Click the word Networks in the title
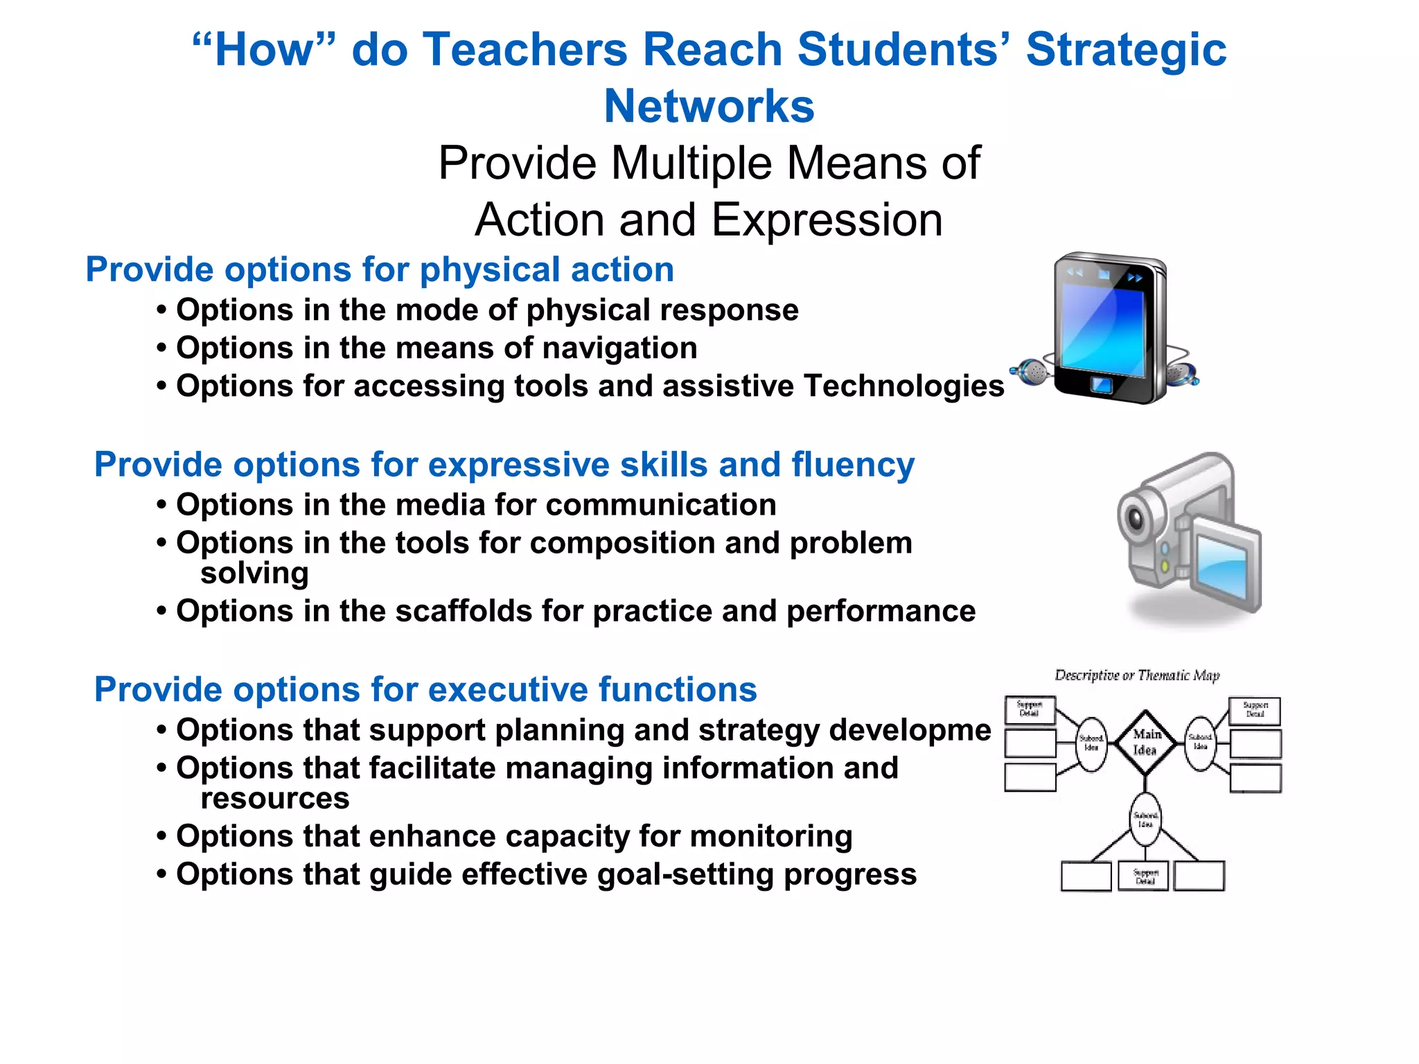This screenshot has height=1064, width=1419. (709, 106)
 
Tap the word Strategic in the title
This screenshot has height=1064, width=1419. (1126, 50)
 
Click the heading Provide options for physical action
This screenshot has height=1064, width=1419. (379, 269)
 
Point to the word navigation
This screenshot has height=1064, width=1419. (619, 348)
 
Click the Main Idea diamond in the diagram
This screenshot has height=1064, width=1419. (1145, 743)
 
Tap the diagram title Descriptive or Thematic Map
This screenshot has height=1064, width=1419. (1136, 675)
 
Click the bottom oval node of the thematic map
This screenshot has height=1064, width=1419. (1145, 819)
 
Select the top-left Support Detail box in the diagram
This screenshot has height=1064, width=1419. (1030, 710)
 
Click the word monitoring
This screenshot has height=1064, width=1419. (770, 836)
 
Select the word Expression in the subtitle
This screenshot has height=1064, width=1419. (827, 220)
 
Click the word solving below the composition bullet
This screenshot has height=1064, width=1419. (254, 574)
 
